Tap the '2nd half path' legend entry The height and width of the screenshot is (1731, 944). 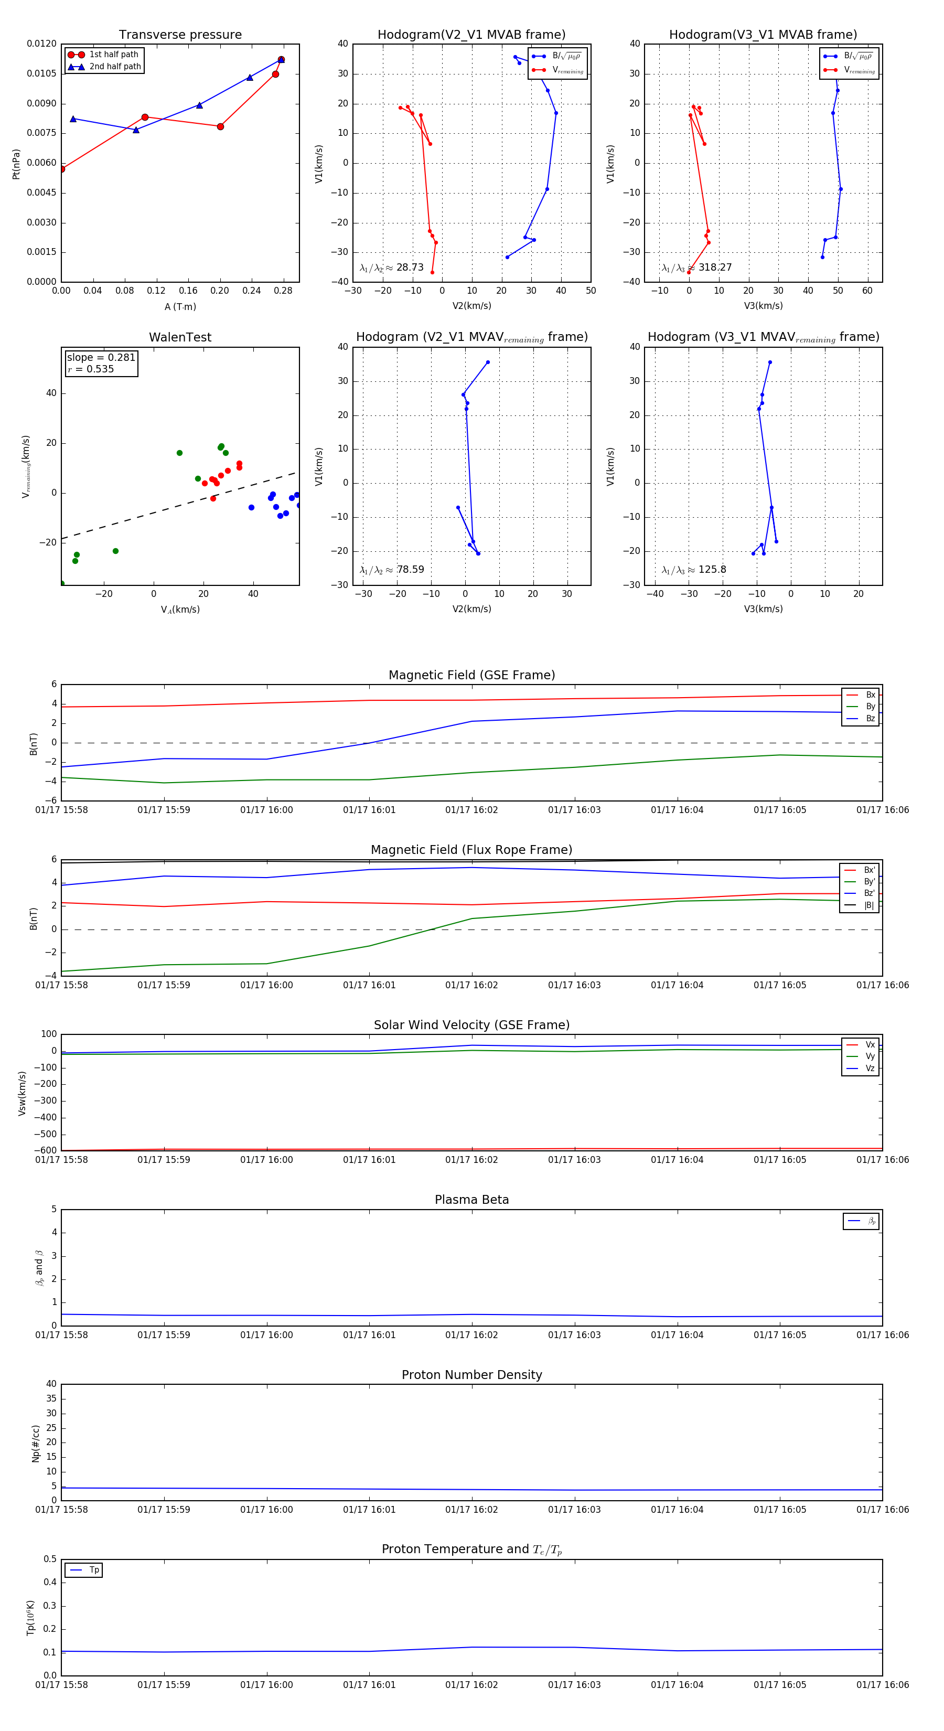[115, 67]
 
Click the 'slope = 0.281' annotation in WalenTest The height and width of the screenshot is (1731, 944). [101, 358]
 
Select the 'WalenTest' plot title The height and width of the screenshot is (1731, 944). [180, 337]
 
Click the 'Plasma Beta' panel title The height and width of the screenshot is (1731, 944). [471, 1200]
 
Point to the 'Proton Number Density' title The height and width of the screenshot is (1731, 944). [471, 1375]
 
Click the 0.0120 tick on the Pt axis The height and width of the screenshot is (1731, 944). [41, 44]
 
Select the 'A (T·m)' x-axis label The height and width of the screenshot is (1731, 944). [180, 307]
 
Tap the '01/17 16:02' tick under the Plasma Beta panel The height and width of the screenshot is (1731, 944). [471, 1335]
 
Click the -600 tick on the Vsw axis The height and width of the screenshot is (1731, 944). [46, 1150]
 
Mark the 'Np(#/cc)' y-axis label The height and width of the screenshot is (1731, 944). [36, 1444]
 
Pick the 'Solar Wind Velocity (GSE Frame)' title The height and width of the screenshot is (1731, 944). [471, 1025]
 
